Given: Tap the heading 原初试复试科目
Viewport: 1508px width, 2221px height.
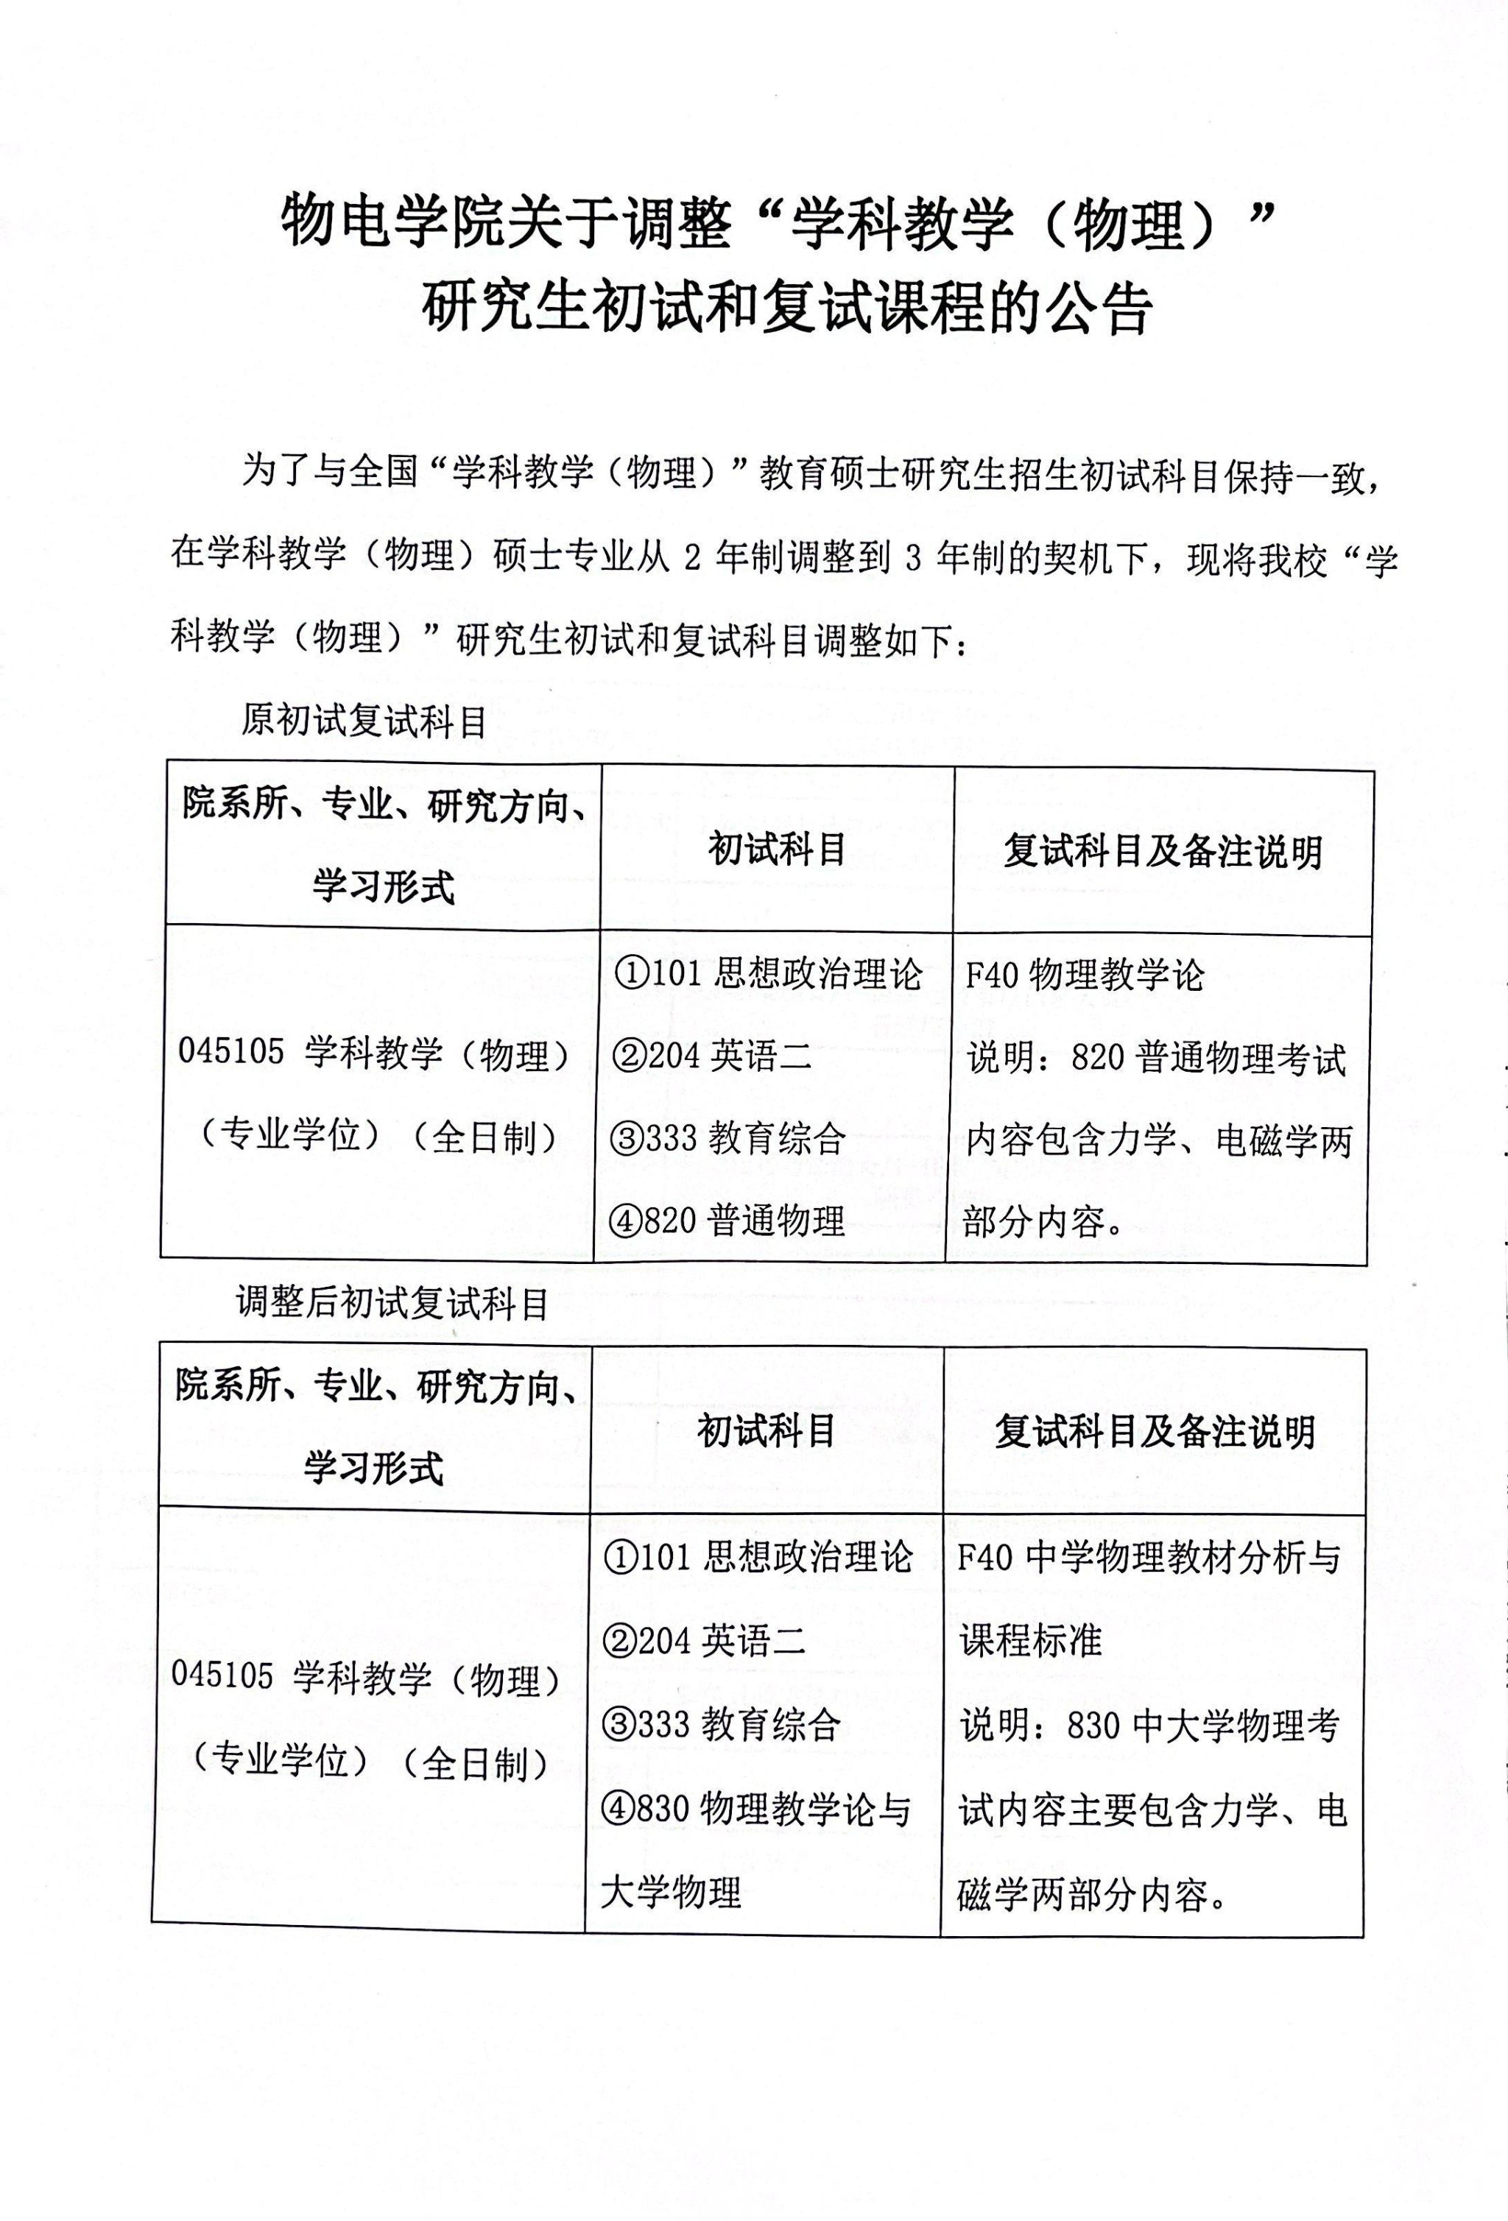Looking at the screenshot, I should click(364, 721).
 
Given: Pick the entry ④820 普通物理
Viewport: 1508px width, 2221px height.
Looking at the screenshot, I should click(729, 1221).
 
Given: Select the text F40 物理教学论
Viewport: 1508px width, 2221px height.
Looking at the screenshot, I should click(1085, 975).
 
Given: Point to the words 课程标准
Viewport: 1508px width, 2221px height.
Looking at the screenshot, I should click(1031, 1640).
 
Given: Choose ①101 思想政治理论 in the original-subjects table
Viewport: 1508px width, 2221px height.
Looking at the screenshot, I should click(767, 975).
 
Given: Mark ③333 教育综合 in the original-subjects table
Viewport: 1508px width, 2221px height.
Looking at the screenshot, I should click(729, 1138).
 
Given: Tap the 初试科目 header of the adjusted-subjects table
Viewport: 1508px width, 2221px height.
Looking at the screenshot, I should click(767, 1430).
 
